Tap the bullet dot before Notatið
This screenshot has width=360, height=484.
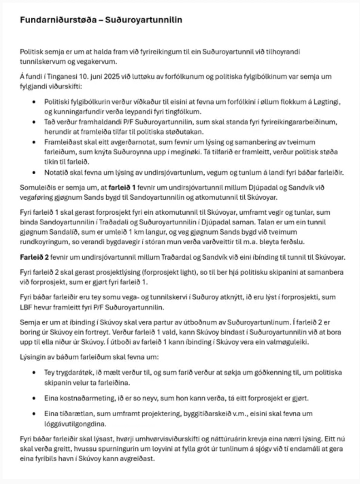[x=34, y=173]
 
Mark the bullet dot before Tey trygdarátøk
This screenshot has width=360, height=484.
[x=34, y=373]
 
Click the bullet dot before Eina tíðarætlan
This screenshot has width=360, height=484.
[x=34, y=414]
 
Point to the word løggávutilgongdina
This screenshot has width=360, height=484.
[x=75, y=424]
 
